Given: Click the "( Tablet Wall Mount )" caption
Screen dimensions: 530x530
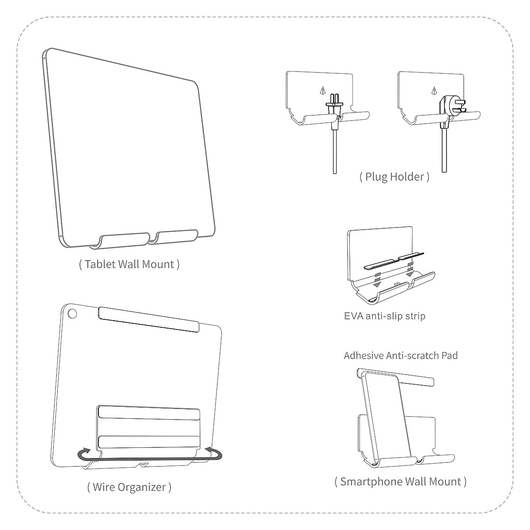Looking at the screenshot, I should (x=129, y=264).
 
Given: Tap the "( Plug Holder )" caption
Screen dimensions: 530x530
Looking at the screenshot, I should (x=394, y=177).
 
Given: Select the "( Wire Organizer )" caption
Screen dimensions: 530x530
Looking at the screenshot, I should (x=129, y=487).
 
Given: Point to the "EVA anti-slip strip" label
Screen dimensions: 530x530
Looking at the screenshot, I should (x=384, y=316).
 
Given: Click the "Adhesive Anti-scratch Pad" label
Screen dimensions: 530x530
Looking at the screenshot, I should (x=401, y=356).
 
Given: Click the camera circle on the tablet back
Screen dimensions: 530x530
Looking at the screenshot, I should (x=72, y=314).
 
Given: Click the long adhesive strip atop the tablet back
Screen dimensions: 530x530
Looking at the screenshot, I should (x=148, y=319).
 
